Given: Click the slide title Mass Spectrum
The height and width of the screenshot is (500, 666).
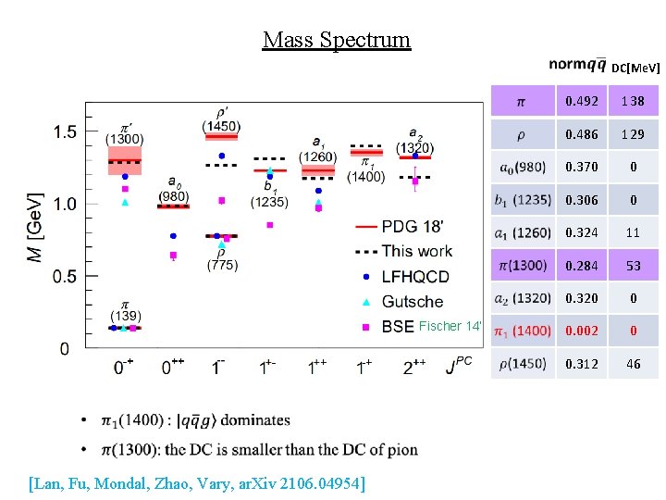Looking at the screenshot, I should click(x=336, y=40).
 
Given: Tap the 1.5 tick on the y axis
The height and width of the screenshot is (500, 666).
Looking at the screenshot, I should click(x=65, y=132).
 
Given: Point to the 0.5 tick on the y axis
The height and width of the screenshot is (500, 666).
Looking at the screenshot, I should click(x=65, y=276).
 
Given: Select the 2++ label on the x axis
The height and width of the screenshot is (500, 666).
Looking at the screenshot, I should click(x=414, y=368).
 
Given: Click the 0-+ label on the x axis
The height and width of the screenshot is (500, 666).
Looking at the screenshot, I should click(x=125, y=368).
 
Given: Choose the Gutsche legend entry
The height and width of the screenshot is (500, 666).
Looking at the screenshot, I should click(x=412, y=302).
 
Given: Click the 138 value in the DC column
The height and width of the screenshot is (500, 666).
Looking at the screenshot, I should click(x=633, y=101).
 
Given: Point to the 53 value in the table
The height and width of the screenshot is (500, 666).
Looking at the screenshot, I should click(x=633, y=266).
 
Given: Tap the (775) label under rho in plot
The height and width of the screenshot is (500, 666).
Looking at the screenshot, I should click(x=222, y=266).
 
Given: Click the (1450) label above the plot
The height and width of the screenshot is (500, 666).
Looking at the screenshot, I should click(x=221, y=126).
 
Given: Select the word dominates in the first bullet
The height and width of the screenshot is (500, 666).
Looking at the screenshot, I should click(x=254, y=421).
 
